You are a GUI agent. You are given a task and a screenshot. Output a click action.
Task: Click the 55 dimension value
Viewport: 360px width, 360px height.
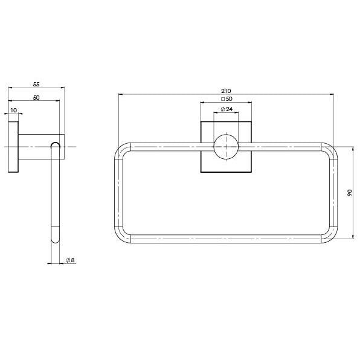[x=36, y=84]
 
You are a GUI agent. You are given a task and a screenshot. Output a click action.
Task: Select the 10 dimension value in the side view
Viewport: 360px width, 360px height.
[x=14, y=110]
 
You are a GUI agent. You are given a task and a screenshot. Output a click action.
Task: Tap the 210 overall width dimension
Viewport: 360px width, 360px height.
[x=226, y=91]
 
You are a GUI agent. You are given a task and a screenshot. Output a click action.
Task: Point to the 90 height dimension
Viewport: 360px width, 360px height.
[x=350, y=193]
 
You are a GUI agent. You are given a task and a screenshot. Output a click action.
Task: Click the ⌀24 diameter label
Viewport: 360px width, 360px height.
[x=227, y=109]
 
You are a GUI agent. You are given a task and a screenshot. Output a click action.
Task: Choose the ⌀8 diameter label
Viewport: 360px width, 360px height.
[x=70, y=260]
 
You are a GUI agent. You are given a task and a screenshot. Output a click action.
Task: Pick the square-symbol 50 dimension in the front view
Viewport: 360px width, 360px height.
[x=227, y=99]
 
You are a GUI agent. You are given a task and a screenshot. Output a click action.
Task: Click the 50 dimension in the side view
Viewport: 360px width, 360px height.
[x=36, y=98]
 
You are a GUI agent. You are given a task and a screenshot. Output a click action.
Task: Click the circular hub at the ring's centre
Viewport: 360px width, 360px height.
[x=226, y=147]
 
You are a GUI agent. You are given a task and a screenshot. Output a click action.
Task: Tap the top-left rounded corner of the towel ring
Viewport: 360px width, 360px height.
[x=119, y=147]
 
